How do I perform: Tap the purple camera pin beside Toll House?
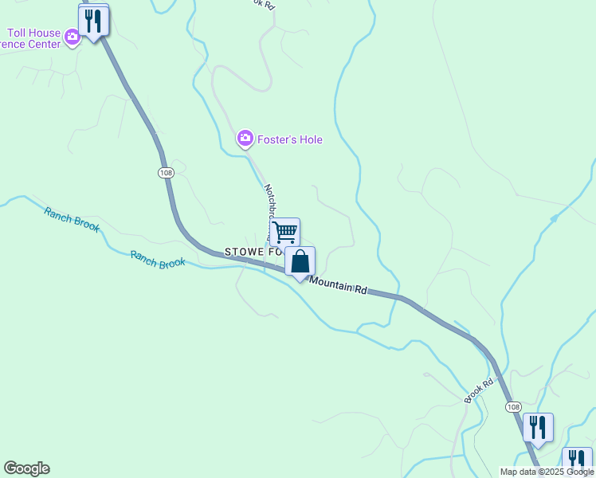point(73,37)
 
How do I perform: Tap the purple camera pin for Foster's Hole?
point(245,139)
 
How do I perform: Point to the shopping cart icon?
point(284,232)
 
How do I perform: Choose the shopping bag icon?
point(300,261)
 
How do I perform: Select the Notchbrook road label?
point(269,202)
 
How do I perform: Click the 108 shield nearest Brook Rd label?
point(512,406)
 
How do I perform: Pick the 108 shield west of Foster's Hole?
point(166,173)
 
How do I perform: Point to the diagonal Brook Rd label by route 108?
point(480,389)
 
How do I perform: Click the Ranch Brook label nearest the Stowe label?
point(158,259)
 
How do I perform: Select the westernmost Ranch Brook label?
point(72,219)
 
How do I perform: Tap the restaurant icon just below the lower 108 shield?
point(539,428)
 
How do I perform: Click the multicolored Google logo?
point(26,468)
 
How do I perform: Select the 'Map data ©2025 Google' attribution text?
point(547,472)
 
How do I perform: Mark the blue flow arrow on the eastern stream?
point(555,217)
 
